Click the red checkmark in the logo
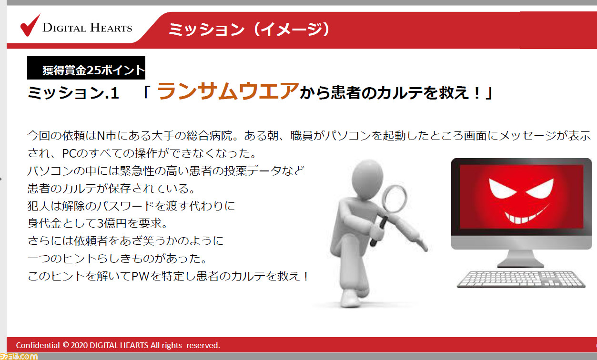click(30, 26)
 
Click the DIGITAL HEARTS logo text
click(87, 28)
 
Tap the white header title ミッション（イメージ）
click(250, 29)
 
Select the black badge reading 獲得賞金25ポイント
click(86, 68)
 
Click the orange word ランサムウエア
click(228, 91)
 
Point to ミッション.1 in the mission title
click(73, 93)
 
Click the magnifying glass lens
click(395, 199)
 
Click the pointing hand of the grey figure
click(422, 243)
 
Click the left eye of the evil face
click(502, 189)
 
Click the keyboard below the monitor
click(521, 279)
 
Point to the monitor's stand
click(520, 258)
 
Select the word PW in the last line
click(140, 276)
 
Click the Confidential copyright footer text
click(118, 345)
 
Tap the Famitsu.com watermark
click(19, 356)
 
